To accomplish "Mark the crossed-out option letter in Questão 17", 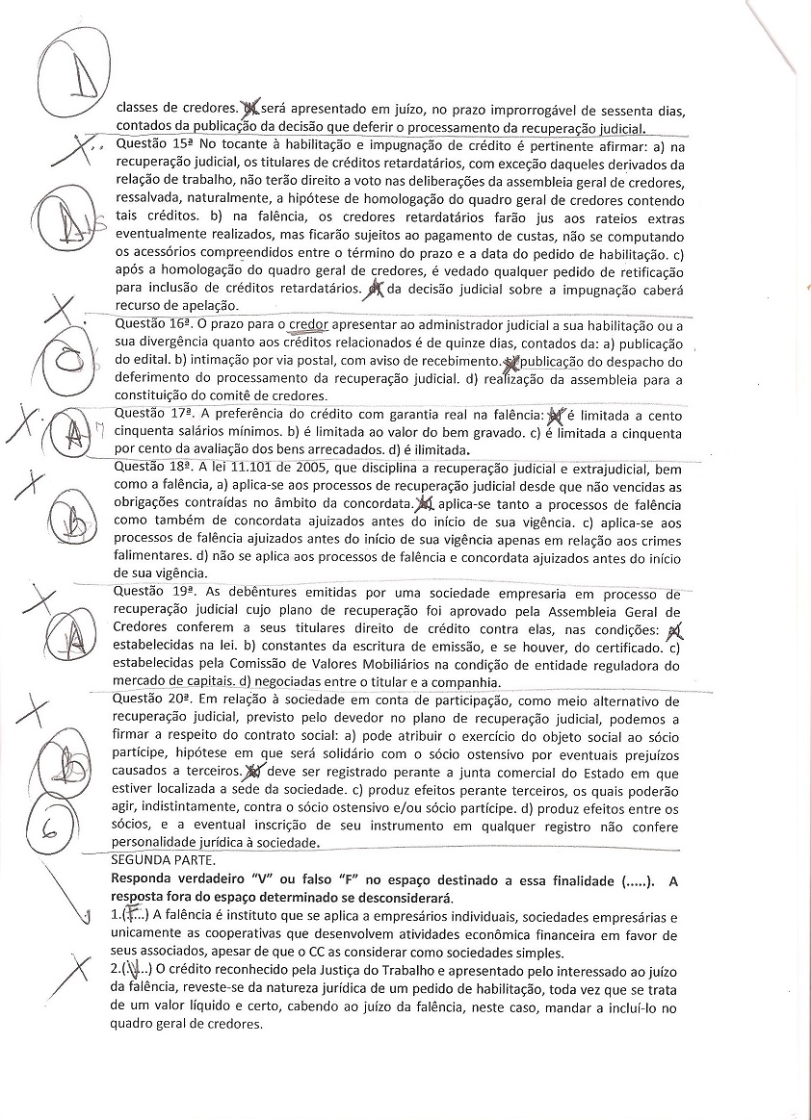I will coord(555,415).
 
